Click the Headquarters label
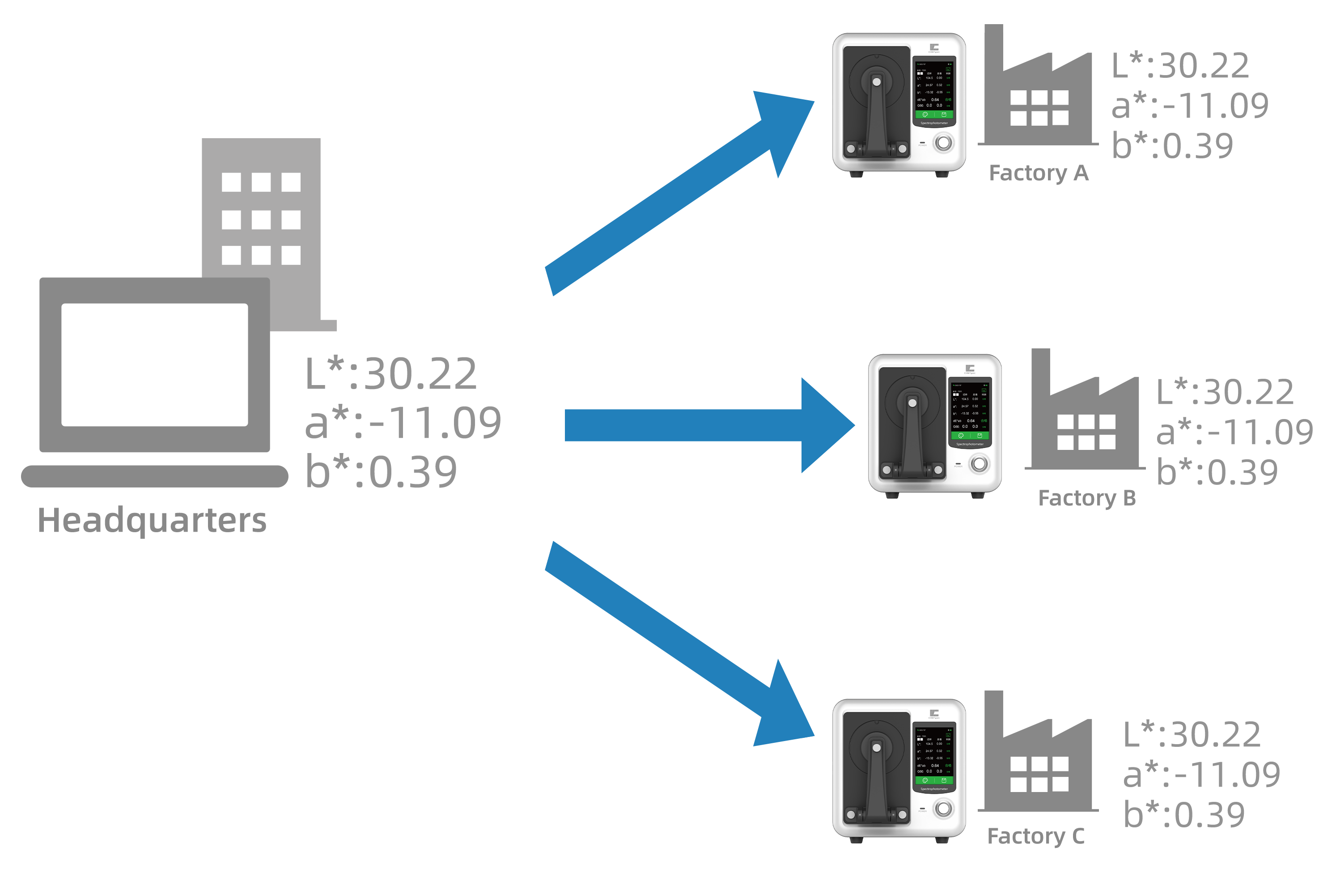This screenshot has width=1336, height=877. [x=152, y=521]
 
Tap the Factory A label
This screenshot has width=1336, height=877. [x=1039, y=174]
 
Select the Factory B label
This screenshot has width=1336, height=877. [x=1087, y=498]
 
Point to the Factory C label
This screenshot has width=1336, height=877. [x=1036, y=837]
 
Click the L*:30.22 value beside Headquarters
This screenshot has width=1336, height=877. [x=391, y=374]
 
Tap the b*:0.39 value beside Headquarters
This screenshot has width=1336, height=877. [x=381, y=472]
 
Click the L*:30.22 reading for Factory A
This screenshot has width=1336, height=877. [x=1181, y=66]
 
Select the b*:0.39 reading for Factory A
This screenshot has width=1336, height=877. [x=1173, y=146]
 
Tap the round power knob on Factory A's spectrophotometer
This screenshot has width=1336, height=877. [x=944, y=143]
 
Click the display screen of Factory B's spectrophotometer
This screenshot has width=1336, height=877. [x=969, y=412]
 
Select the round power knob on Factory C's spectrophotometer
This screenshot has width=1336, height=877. [x=944, y=809]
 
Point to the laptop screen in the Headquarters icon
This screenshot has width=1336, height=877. [x=154, y=365]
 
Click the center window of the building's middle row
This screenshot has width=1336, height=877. [x=261, y=220]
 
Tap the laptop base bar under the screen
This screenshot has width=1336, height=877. [x=154, y=476]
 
